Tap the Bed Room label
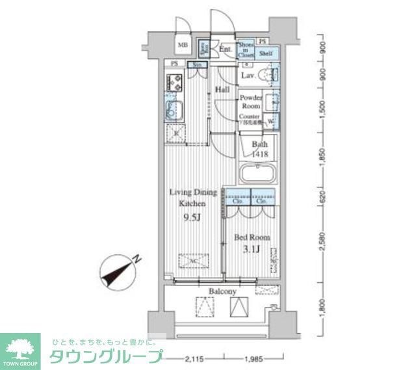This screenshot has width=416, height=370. click(x=252, y=237)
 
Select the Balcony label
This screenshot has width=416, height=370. click(x=222, y=292)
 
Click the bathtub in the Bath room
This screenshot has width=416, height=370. click(x=257, y=175)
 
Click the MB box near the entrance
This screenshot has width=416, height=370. click(x=183, y=46)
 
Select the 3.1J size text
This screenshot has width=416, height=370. click(x=252, y=250)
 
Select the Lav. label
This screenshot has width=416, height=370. click(x=248, y=75)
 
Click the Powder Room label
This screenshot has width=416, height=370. click(x=250, y=101)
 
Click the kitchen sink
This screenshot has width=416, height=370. click(x=172, y=111)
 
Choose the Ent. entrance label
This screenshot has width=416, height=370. click(x=226, y=49)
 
